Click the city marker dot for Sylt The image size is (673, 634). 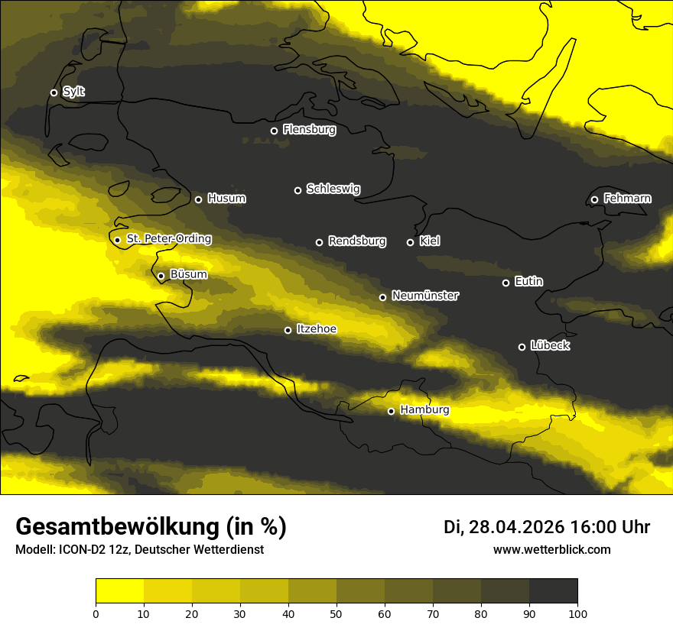click(x=54, y=92)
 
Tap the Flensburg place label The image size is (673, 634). click(x=309, y=130)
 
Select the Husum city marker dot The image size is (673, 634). click(x=198, y=199)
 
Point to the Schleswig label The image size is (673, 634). click(x=333, y=189)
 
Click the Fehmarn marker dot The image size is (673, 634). click(x=594, y=199)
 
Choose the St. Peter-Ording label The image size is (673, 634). click(x=168, y=239)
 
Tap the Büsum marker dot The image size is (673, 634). click(x=161, y=276)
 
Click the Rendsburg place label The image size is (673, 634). click(x=357, y=241)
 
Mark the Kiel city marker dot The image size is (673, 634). click(x=410, y=242)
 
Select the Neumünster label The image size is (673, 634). click(x=424, y=296)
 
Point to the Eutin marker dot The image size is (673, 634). click(x=506, y=283)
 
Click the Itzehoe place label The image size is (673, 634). click(x=316, y=329)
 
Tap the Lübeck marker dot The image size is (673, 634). click(x=522, y=347)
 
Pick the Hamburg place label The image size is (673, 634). click(x=424, y=410)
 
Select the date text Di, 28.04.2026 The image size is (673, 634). click(x=504, y=527)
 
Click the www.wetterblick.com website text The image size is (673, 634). click(x=551, y=550)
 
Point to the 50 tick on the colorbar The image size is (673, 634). click(x=336, y=613)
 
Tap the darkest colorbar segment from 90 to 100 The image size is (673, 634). click(x=553, y=591)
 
